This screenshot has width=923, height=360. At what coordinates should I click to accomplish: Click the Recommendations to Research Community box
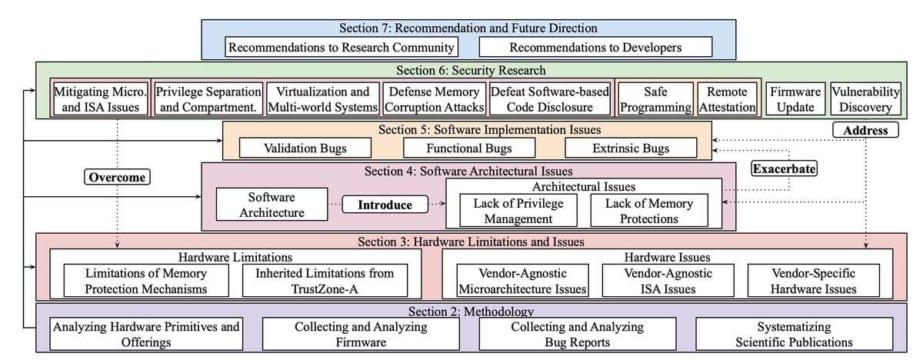click(x=343, y=48)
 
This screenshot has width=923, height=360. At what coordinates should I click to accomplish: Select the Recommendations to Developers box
click(x=580, y=48)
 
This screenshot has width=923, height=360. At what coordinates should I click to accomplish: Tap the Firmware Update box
click(x=796, y=99)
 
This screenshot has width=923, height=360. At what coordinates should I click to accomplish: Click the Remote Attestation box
click(x=727, y=99)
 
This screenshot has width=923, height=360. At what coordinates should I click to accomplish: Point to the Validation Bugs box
click(x=306, y=147)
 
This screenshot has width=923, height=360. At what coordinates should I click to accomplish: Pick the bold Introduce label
click(x=384, y=205)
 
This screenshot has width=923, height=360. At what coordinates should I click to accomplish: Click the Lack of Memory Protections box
click(x=649, y=211)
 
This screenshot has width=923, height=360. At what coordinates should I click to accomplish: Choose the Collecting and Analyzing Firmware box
click(x=361, y=334)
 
